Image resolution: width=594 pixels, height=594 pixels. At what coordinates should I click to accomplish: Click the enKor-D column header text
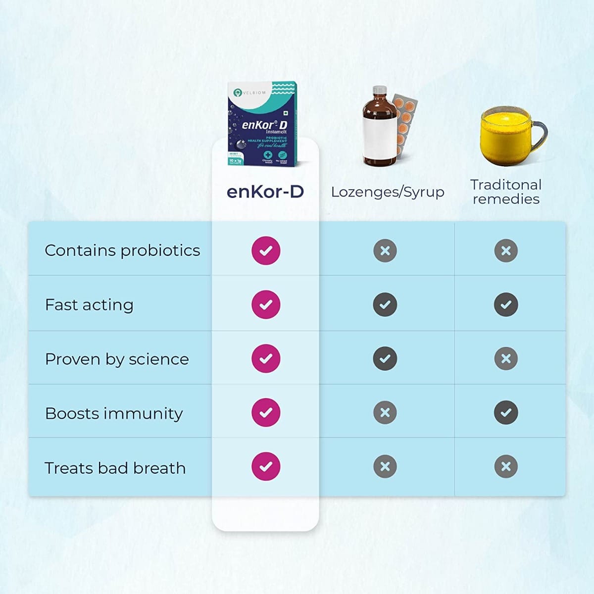click(265, 192)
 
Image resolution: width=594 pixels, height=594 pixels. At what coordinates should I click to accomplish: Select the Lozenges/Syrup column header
click(388, 192)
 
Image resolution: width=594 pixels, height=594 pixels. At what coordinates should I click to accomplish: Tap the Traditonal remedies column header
click(506, 192)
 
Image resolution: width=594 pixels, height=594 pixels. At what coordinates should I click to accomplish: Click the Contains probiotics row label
click(122, 250)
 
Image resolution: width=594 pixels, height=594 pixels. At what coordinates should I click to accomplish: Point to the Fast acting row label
click(89, 305)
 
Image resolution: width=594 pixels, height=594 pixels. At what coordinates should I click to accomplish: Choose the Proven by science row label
click(117, 359)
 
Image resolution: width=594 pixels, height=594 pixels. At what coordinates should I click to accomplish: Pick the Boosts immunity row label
click(114, 413)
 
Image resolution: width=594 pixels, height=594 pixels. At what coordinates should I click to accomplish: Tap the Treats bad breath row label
click(115, 468)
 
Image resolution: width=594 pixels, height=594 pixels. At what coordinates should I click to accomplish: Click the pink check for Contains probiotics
click(266, 250)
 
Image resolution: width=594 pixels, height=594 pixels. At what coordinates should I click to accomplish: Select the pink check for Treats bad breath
click(266, 466)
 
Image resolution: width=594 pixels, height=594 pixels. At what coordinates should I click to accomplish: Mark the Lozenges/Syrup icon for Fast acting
click(385, 304)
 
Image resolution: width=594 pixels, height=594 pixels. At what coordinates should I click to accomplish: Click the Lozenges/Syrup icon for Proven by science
click(385, 358)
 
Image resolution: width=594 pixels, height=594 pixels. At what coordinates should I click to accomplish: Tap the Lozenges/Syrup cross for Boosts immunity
click(385, 412)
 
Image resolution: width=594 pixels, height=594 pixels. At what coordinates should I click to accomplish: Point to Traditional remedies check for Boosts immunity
click(506, 412)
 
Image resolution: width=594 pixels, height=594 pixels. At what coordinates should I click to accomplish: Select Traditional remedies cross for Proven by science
click(506, 358)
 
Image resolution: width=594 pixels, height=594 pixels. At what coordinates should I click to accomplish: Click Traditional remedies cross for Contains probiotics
click(506, 250)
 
